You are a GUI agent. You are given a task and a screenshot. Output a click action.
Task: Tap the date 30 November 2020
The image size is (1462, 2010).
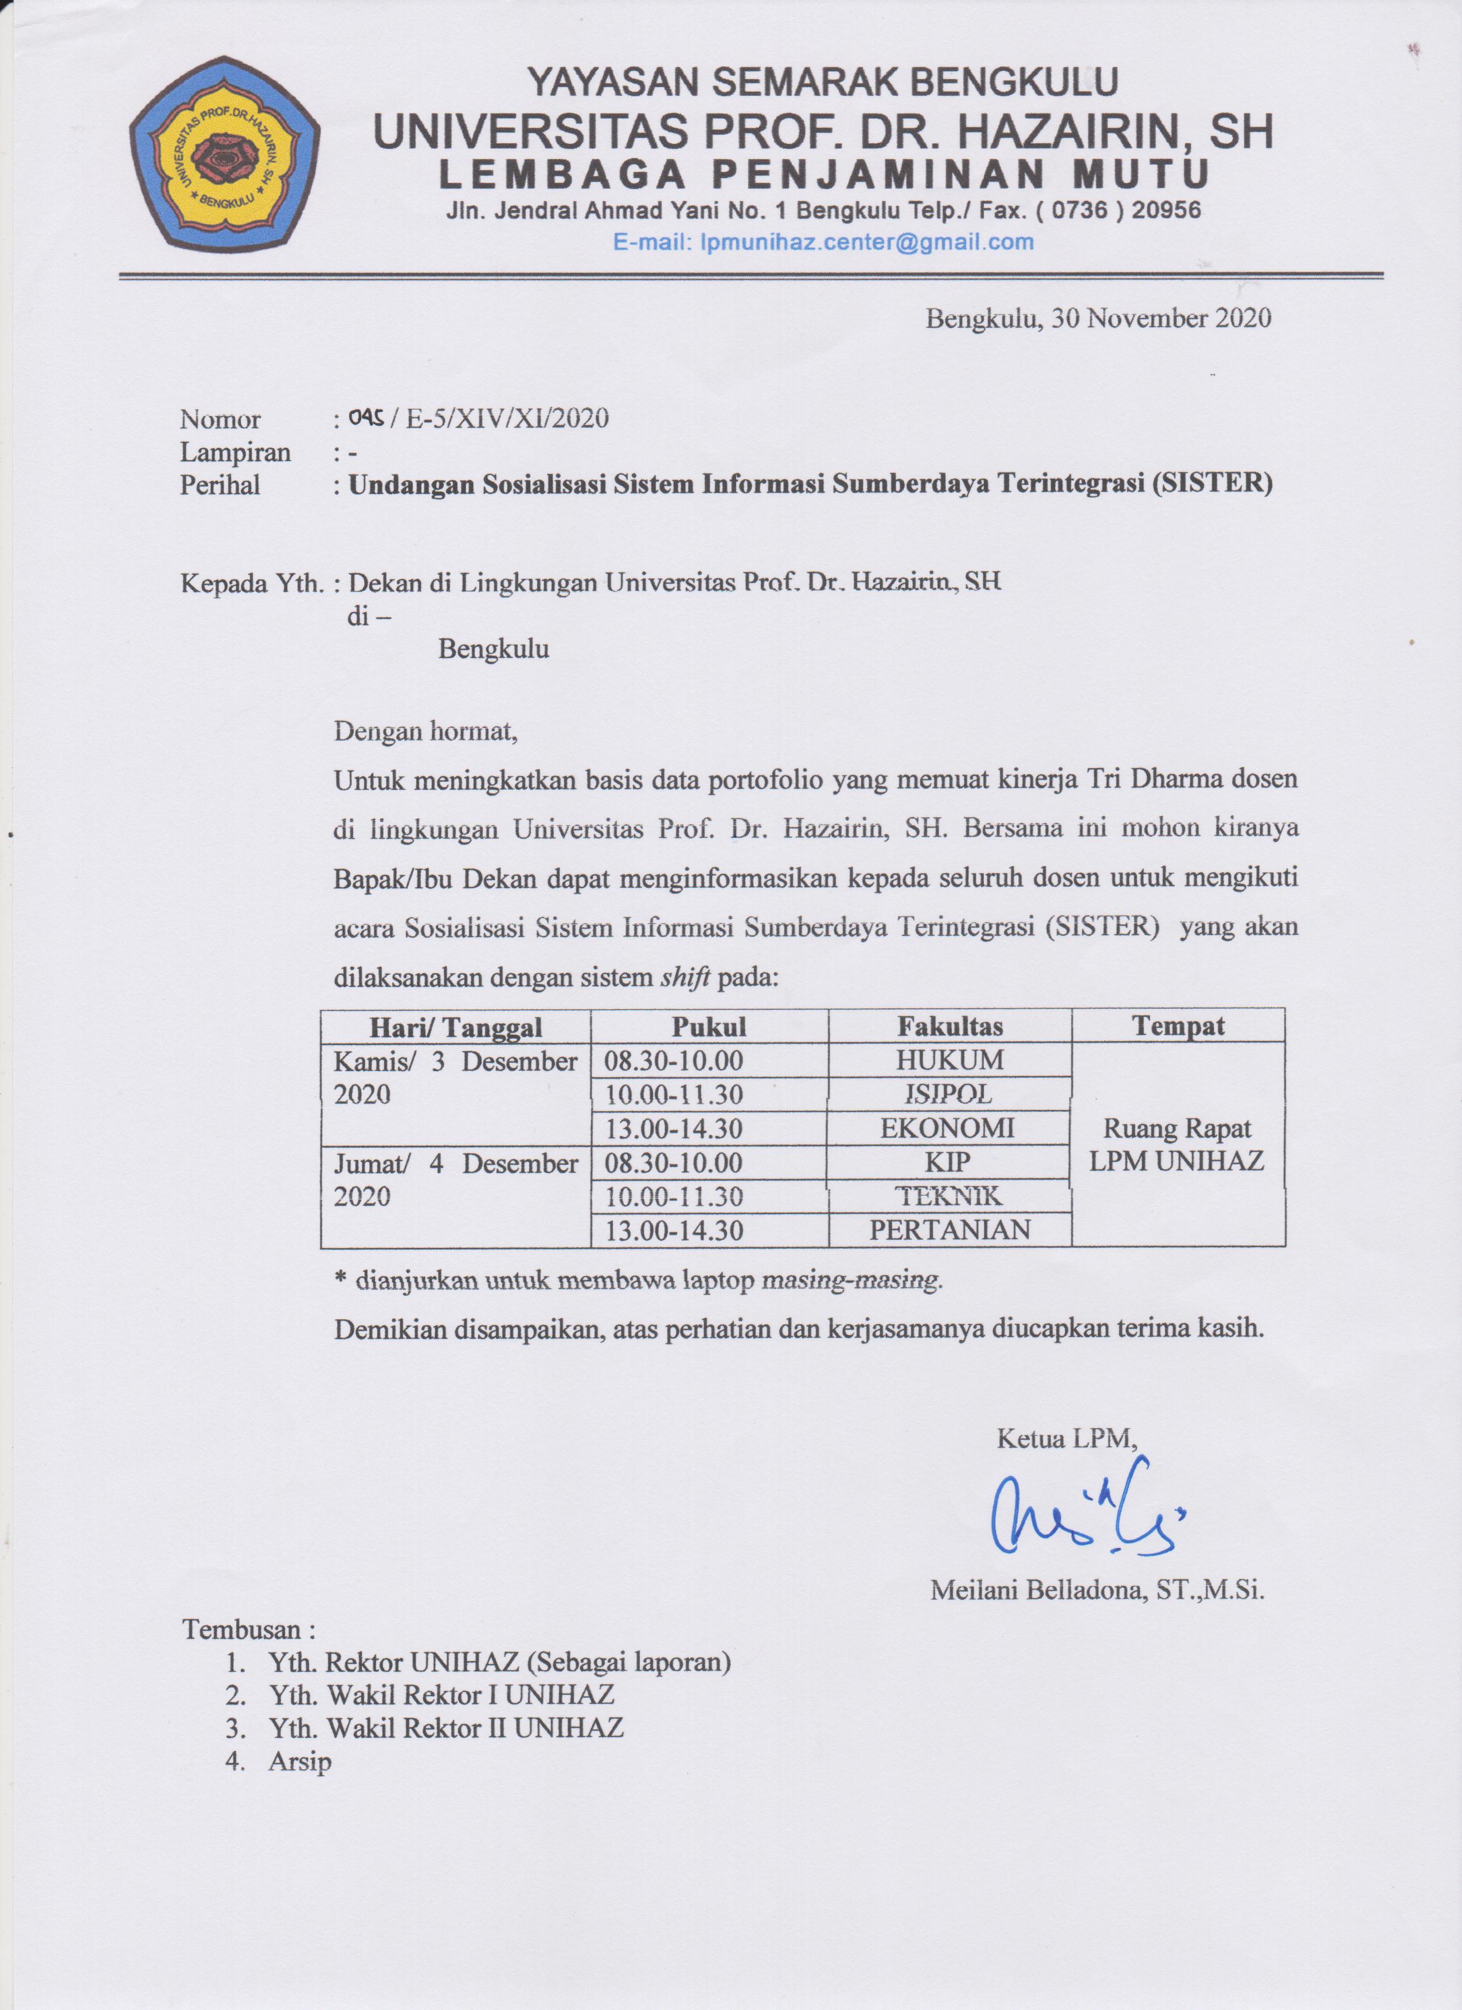1160,318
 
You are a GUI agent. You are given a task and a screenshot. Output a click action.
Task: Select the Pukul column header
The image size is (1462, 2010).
709,1026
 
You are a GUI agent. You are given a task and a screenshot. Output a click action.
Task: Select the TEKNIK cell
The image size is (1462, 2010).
949,1197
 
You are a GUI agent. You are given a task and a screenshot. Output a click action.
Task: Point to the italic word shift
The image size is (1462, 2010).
685,978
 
